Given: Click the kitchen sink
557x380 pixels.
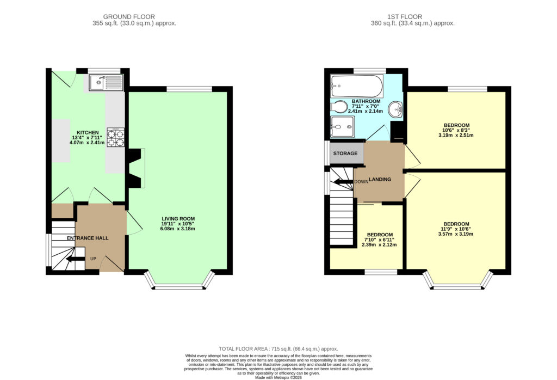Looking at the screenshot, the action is [x=106, y=82].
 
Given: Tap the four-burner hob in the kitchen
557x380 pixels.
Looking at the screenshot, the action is [x=116, y=137].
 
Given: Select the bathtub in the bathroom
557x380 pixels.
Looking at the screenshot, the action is [x=356, y=86].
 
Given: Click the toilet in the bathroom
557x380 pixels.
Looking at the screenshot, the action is [x=339, y=106].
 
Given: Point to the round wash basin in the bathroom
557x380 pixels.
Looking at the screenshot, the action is [x=395, y=109].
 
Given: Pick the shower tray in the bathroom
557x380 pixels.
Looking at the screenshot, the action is [x=343, y=126].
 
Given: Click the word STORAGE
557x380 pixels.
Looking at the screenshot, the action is [x=345, y=153].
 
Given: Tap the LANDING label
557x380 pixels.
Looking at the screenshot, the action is [x=380, y=179].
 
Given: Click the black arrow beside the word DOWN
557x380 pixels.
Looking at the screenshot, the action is [x=343, y=182].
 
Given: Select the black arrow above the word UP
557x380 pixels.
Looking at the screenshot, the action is [x=75, y=259].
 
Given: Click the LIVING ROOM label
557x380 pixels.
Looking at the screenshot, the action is [x=178, y=219].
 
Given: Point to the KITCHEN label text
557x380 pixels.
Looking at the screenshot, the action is [x=88, y=133].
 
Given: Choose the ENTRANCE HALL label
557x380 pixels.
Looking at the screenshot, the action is [x=88, y=238].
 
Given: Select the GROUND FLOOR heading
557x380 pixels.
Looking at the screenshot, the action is [x=129, y=17].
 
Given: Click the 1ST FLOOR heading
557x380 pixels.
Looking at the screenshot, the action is [x=405, y=17].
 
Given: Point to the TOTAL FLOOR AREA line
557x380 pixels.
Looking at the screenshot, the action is [x=278, y=349].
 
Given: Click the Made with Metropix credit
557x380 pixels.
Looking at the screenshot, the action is [x=278, y=377].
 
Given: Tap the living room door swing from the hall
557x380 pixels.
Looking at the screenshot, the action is [x=134, y=223].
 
